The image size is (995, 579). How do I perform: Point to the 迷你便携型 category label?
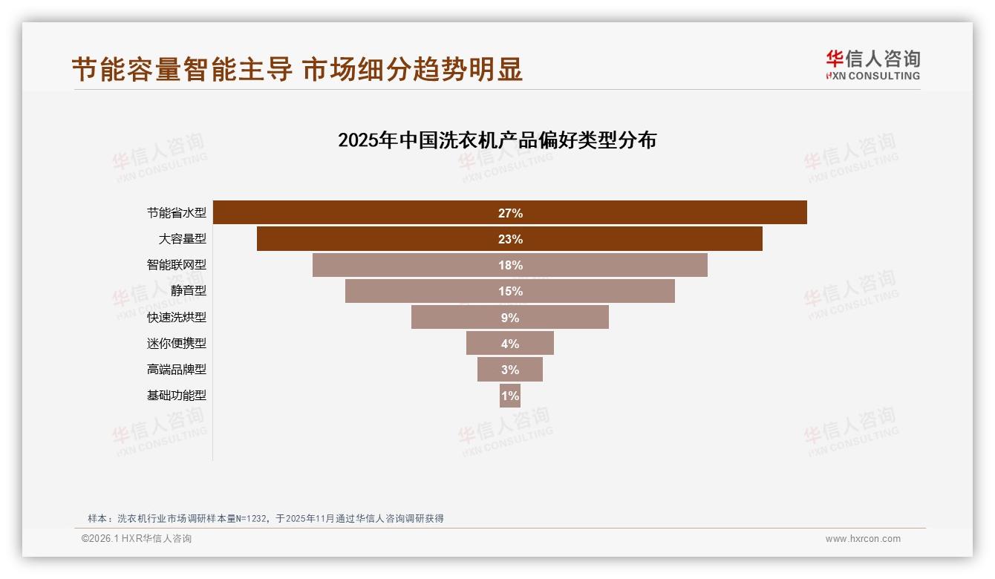tap(176, 344)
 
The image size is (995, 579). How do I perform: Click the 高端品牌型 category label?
tap(176, 370)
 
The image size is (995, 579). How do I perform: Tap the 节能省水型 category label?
tap(176, 213)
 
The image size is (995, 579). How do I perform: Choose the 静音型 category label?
tap(188, 291)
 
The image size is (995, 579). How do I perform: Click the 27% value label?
tap(510, 213)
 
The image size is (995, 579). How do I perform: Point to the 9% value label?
tap(510, 318)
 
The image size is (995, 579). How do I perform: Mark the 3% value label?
tap(510, 370)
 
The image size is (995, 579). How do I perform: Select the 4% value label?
tap(510, 344)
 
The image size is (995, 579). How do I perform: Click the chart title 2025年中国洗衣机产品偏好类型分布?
tap(497, 140)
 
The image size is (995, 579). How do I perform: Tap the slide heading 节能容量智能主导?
tap(182, 70)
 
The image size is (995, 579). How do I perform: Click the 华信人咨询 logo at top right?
tap(872, 65)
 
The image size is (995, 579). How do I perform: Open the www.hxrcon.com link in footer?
tap(863, 539)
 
